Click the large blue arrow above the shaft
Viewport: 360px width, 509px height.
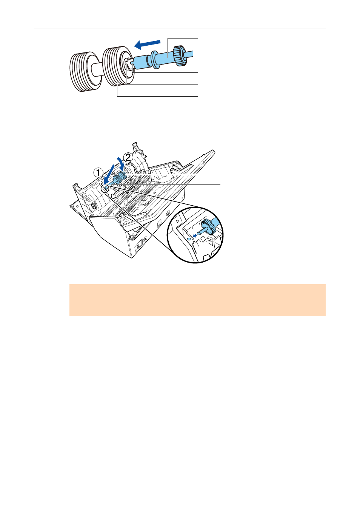click(147, 44)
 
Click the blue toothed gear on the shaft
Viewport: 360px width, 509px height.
click(180, 56)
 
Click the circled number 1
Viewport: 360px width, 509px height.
click(98, 173)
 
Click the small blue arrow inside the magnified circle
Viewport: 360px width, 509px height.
click(194, 236)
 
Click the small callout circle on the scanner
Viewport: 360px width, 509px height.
click(105, 188)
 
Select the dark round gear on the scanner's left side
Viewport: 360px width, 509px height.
click(93, 206)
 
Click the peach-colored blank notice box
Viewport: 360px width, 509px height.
click(197, 300)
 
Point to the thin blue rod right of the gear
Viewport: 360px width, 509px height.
click(189, 54)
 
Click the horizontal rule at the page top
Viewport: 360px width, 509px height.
click(180, 29)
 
